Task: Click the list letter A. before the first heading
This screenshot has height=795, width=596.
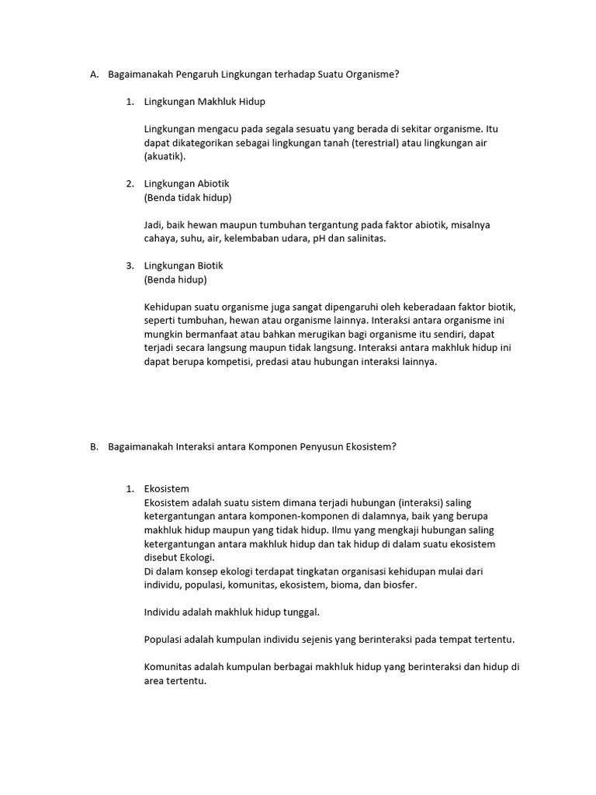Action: coord(94,75)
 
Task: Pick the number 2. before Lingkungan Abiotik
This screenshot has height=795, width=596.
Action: coord(130,184)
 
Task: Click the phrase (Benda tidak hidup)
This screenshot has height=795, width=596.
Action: coord(188,197)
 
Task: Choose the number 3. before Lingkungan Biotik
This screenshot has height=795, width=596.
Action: coord(130,266)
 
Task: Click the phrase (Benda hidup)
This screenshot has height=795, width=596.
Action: coord(175,279)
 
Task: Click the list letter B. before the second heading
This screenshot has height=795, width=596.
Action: coord(94,446)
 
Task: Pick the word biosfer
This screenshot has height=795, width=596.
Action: coord(398,585)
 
